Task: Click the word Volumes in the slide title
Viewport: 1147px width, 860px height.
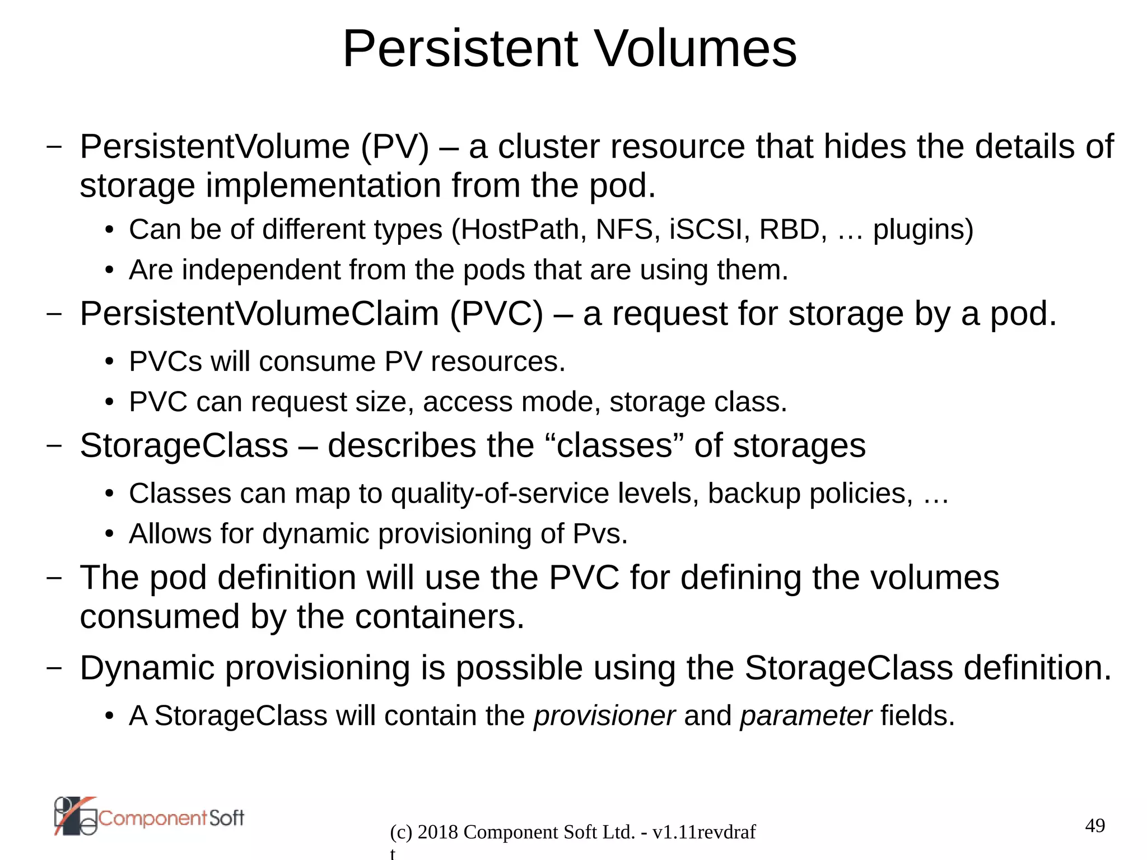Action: pyautogui.click(x=694, y=49)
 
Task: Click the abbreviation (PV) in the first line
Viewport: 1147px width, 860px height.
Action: pyautogui.click(x=395, y=147)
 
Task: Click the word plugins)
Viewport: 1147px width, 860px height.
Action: pyautogui.click(x=923, y=230)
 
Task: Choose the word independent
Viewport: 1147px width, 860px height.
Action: pyautogui.click(x=261, y=270)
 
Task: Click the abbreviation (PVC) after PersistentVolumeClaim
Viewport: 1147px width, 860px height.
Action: pyautogui.click(x=496, y=314)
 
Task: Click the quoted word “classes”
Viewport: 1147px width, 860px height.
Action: pyautogui.click(x=614, y=446)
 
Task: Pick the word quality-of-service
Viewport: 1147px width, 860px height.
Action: pyautogui.click(x=500, y=494)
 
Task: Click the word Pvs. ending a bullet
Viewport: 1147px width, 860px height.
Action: pyautogui.click(x=600, y=534)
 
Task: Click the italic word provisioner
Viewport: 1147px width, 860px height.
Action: pyautogui.click(x=604, y=716)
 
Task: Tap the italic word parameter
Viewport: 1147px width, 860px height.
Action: pyautogui.click(x=805, y=716)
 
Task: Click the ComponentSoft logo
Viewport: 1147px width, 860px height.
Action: pyautogui.click(x=149, y=817)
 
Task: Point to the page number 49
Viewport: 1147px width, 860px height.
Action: pyautogui.click(x=1095, y=826)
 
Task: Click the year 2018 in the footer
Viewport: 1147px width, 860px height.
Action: pyautogui.click(x=438, y=833)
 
